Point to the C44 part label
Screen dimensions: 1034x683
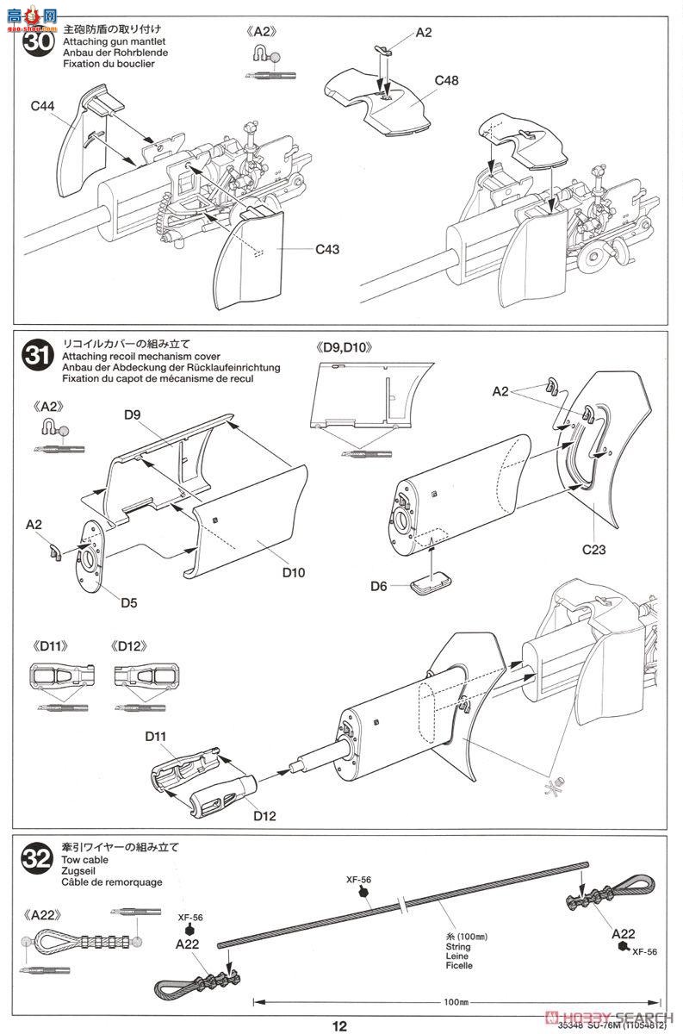coord(42,106)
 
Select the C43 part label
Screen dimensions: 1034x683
coord(327,249)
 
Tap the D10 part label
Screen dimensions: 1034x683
coord(294,572)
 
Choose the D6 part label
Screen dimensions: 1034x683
coord(379,586)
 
